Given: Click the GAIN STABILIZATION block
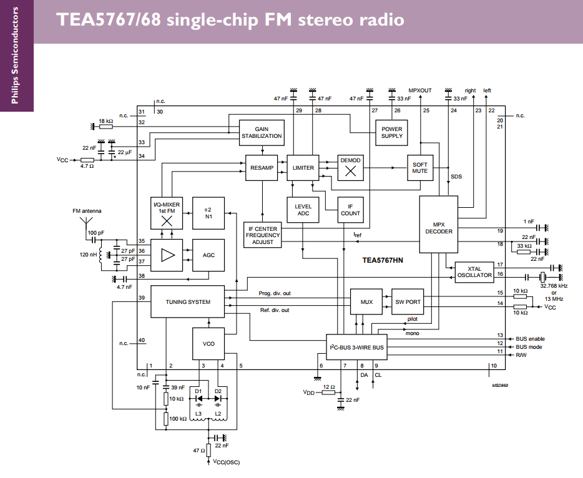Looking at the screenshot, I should [262, 132].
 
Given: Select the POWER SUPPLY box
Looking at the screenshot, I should [392, 132].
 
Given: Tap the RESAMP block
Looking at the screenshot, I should [262, 168].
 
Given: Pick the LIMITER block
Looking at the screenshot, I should [303, 168].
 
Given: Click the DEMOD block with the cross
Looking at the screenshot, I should [351, 167].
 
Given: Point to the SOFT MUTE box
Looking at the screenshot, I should [420, 168].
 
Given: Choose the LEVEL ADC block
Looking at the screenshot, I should [303, 210].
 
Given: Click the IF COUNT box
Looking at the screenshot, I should [351, 210].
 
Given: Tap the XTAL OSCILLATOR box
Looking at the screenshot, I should [474, 271].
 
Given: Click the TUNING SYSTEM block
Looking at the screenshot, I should [187, 302].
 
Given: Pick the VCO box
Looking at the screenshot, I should [208, 343].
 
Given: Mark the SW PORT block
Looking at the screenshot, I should [408, 302].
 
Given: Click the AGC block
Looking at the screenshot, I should [208, 255].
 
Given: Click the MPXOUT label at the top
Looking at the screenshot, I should [420, 90].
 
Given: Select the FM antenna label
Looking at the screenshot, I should [87, 210].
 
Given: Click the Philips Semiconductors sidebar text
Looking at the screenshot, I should [16, 56].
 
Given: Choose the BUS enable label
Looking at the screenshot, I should [530, 339].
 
